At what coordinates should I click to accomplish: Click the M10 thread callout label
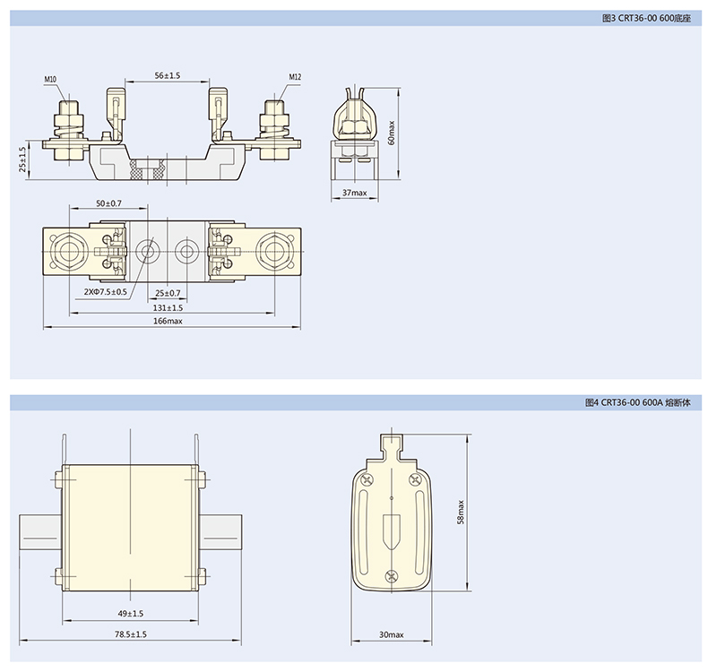pos(50,79)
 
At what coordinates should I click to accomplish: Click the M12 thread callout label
pos(295,77)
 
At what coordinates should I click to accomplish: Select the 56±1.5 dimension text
pos(168,75)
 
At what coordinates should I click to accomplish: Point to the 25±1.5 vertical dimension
pos(22,159)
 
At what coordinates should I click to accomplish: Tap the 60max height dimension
pos(391,133)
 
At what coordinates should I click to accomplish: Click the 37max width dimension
pos(355,193)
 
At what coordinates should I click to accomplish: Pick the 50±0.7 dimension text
pos(108,203)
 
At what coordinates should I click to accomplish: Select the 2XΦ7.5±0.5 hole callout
pos(105,292)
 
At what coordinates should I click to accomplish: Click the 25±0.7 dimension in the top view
pos(168,293)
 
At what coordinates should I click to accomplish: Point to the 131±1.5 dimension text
pos(168,308)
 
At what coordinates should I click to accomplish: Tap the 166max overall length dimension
pos(168,321)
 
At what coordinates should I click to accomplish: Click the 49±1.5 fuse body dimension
pos(131,614)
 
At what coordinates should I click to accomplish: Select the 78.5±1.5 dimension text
pos(131,634)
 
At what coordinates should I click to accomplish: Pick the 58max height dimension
pos(461,512)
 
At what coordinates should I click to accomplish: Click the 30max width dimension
pos(392,634)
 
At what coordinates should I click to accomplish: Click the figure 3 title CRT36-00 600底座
pos(646,19)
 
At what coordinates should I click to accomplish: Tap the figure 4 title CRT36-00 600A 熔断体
pos(637,402)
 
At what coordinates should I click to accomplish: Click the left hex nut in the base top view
pos(68,250)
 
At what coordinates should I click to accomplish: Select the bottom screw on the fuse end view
pos(391,576)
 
